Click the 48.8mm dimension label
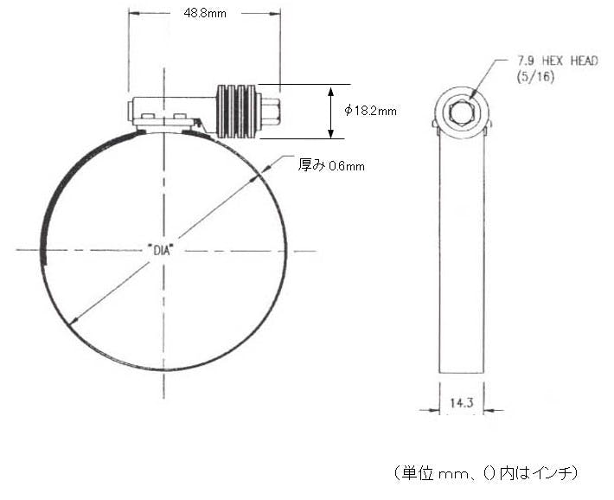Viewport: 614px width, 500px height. [205, 13]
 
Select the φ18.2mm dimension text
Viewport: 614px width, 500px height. [370, 111]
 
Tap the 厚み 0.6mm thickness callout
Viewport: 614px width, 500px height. [331, 165]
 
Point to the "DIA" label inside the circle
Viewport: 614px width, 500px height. [161, 250]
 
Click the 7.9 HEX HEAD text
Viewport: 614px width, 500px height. [558, 61]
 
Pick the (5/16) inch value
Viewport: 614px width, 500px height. [535, 76]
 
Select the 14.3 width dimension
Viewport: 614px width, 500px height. [462, 403]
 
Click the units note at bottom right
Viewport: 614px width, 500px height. [486, 473]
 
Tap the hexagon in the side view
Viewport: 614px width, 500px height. [462, 113]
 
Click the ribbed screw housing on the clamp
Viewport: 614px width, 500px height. [239, 112]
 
